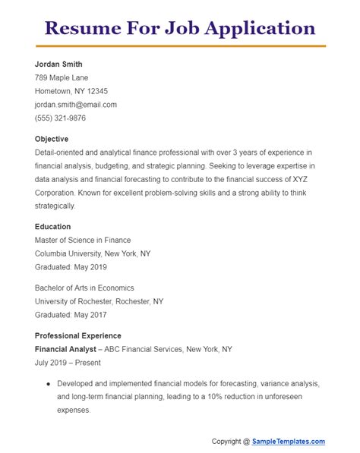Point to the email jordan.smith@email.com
pos(76,105)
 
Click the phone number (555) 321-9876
pos(60,118)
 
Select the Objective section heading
pos(52,139)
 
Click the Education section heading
pos(53,226)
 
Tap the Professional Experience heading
pos(78,335)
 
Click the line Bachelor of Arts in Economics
pos(84,288)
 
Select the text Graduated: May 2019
pos(71,267)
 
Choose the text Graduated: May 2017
pos(71,315)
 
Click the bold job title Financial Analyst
pos(65,349)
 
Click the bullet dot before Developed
pos(49,383)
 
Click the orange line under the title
pos(180,46)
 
